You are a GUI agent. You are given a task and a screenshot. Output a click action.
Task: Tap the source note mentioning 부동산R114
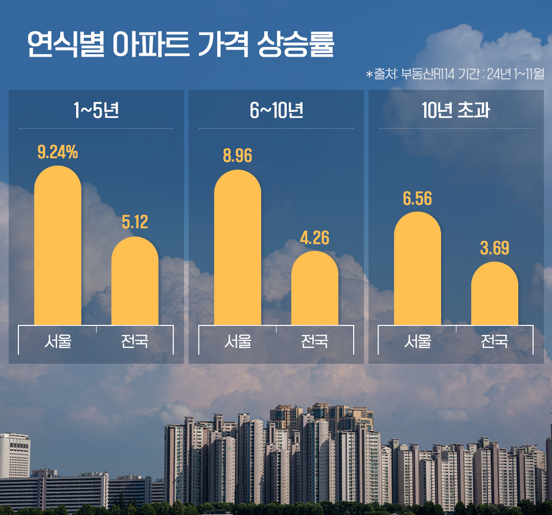click(x=454, y=74)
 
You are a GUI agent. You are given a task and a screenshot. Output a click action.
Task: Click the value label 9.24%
click(x=58, y=152)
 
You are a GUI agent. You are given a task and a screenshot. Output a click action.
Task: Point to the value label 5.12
click(x=135, y=222)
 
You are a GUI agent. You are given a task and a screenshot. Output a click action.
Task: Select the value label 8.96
click(x=238, y=156)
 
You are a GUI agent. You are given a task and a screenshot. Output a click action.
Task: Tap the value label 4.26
click(x=315, y=238)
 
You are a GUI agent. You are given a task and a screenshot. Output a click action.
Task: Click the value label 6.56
click(x=418, y=198)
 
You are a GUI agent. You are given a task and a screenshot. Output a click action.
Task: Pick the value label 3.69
click(x=495, y=248)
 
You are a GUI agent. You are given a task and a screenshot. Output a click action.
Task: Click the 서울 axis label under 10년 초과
click(x=418, y=341)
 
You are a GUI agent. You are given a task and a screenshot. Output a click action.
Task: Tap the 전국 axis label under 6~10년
click(x=315, y=341)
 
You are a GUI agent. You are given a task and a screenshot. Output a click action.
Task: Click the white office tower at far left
click(x=14, y=456)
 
